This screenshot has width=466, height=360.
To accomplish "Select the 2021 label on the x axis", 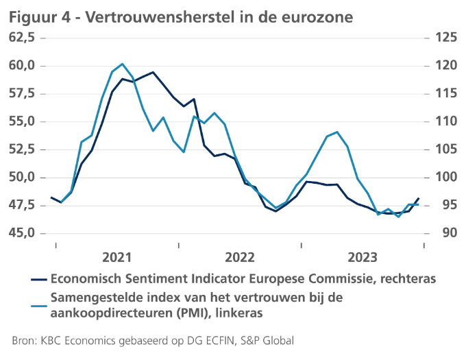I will click(x=116, y=257).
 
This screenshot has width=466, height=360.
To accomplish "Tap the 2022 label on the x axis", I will click(x=239, y=257).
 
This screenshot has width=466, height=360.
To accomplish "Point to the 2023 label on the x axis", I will click(x=362, y=257).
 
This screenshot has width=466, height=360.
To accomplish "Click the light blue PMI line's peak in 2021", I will click(x=122, y=64).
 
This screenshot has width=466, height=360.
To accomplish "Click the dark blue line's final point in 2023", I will click(x=419, y=198).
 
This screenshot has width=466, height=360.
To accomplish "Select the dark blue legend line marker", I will click(x=40, y=280).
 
